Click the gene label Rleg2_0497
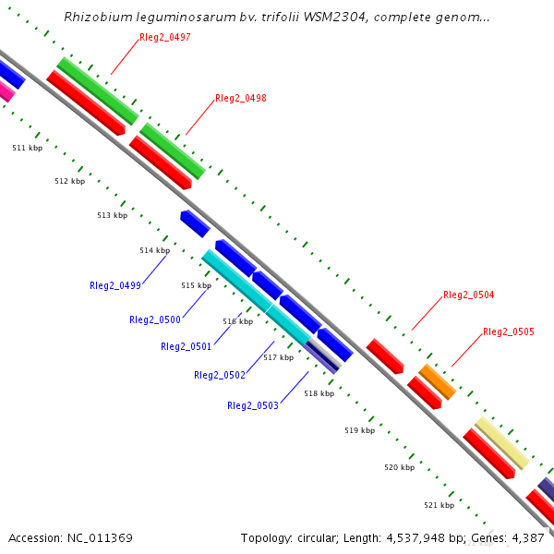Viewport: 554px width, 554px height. click(165, 37)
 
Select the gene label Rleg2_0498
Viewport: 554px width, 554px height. click(240, 98)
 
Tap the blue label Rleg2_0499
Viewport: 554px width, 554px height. click(115, 286)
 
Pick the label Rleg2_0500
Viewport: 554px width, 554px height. click(155, 320)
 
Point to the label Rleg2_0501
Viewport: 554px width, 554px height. click(186, 347)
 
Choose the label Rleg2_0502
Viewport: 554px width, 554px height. click(220, 376)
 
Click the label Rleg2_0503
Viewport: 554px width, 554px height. click(253, 406)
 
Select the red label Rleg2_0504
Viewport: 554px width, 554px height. click(469, 295)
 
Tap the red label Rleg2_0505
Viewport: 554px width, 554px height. click(509, 332)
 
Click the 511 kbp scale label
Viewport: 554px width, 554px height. click(27, 148)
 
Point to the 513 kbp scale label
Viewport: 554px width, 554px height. click(112, 215)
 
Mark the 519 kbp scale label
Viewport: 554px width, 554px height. click(359, 430)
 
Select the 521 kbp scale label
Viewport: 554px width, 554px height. click(439, 505)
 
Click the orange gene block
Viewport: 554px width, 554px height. click(438, 381)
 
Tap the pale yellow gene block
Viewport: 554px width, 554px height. click(501, 442)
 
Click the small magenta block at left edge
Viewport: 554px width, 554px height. click(6, 90)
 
